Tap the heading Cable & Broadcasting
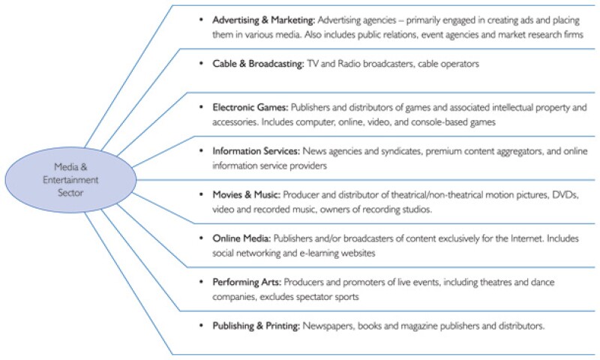[247, 64]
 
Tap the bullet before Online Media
[201, 238]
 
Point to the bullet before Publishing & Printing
[201, 326]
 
